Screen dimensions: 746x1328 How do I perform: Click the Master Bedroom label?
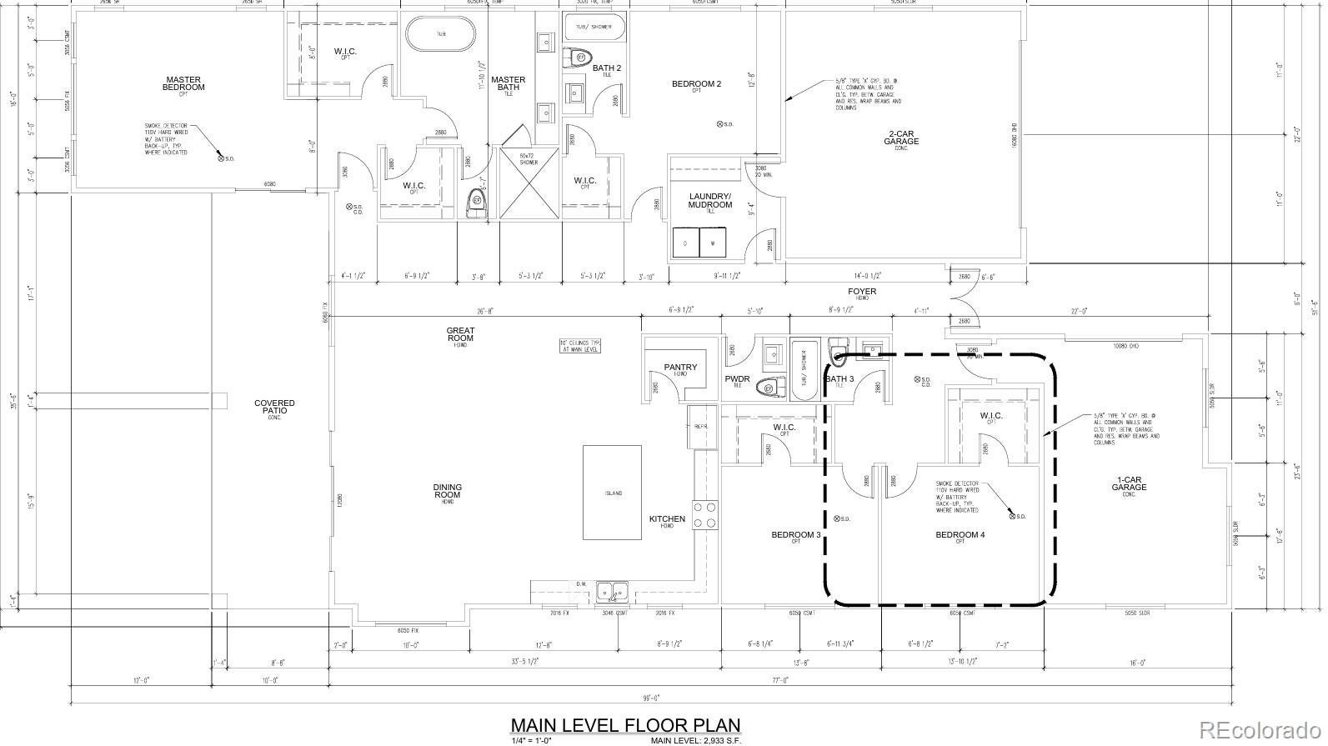coord(183,83)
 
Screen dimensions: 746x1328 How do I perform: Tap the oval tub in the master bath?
coord(441,34)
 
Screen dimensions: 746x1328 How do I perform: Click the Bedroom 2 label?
coord(696,84)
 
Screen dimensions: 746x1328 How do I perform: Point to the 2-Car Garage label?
coord(901,138)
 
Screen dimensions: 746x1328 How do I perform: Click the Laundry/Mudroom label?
coord(710,201)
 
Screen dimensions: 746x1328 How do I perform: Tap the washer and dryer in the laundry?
coord(699,243)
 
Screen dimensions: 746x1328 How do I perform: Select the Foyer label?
coord(862,292)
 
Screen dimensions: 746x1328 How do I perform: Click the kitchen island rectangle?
coord(613,493)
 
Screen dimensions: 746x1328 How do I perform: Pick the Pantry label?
coord(680,368)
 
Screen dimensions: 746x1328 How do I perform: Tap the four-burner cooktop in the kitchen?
coord(705,514)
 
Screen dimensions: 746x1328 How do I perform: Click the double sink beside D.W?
coord(618,592)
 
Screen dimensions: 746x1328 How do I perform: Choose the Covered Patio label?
coord(274,407)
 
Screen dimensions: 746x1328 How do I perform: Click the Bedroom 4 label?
coord(960,535)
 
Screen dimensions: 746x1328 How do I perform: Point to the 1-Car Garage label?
coord(1129,483)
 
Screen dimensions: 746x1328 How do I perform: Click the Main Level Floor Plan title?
coord(624,725)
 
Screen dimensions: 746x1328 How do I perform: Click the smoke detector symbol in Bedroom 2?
coord(720,124)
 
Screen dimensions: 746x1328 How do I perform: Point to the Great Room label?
coord(460,334)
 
